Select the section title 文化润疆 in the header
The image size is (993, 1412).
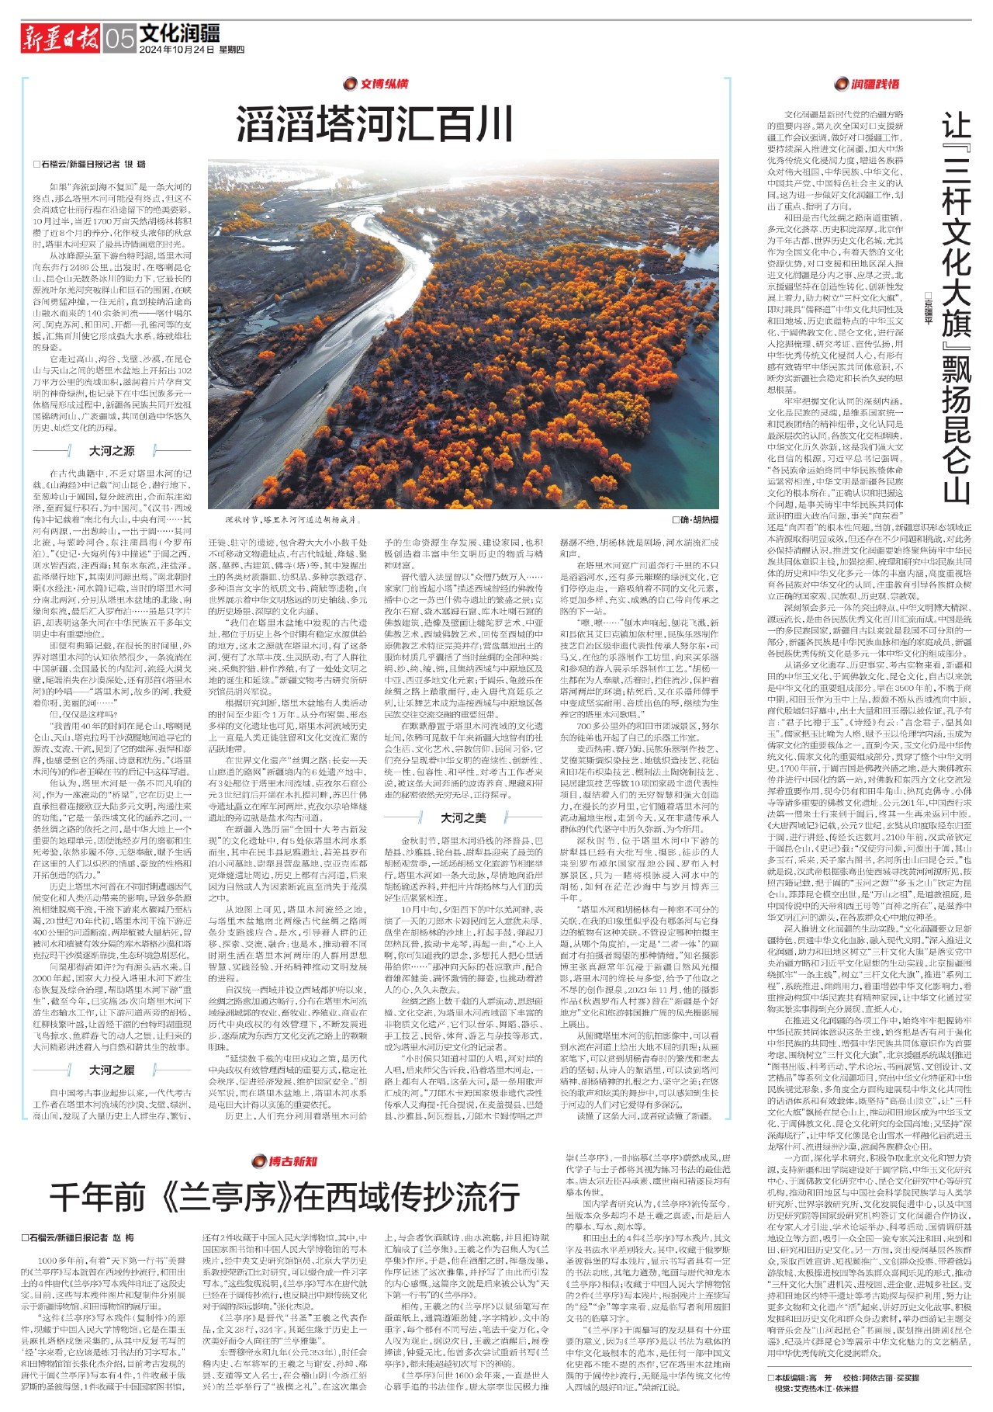click(179, 33)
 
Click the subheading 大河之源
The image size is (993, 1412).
click(112, 451)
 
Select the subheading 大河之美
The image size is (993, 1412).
click(463, 817)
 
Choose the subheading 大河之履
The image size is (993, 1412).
click(112, 1070)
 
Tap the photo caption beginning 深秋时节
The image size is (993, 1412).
click(291, 519)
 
